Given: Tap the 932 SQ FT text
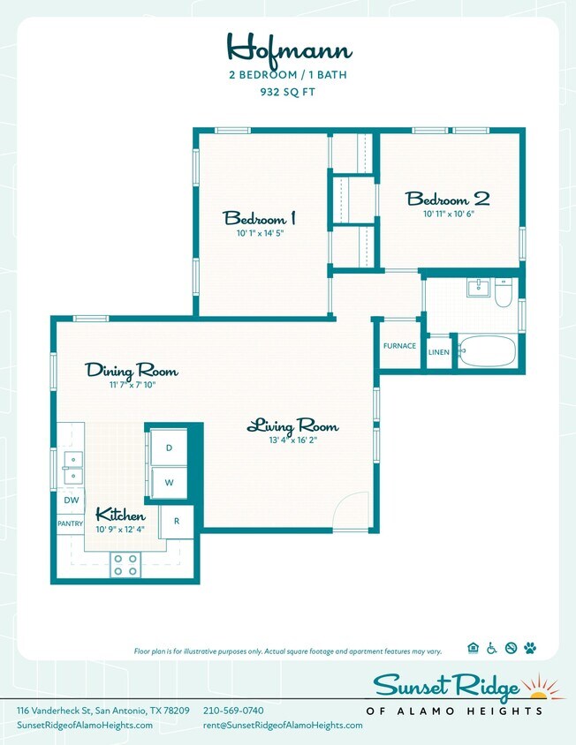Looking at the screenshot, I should pyautogui.click(x=287, y=91).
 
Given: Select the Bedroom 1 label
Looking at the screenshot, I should pyautogui.click(x=259, y=218).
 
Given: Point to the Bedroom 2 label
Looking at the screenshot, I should pyautogui.click(x=447, y=199).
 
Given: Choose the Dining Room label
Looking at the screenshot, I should pyautogui.click(x=132, y=371).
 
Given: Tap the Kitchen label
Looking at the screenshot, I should pyautogui.click(x=120, y=515).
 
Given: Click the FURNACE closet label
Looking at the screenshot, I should pyautogui.click(x=399, y=346).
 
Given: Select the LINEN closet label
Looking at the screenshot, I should pyautogui.click(x=438, y=352).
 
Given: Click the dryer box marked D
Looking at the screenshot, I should pyautogui.click(x=169, y=448).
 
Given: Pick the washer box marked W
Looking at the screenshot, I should pyautogui.click(x=169, y=483).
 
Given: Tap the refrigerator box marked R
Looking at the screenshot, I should pyautogui.click(x=177, y=521).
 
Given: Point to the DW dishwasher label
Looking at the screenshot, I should pyautogui.click(x=71, y=500).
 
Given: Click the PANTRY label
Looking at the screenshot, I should pyautogui.click(x=70, y=523).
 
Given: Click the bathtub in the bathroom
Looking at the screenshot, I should pyautogui.click(x=486, y=351).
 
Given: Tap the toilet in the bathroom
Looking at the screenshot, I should pyautogui.click(x=503, y=292).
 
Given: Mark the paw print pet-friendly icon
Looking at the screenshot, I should pyautogui.click(x=530, y=649).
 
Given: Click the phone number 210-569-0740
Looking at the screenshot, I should pyautogui.click(x=233, y=711).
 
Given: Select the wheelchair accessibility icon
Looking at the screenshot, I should pyautogui.click(x=491, y=649).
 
